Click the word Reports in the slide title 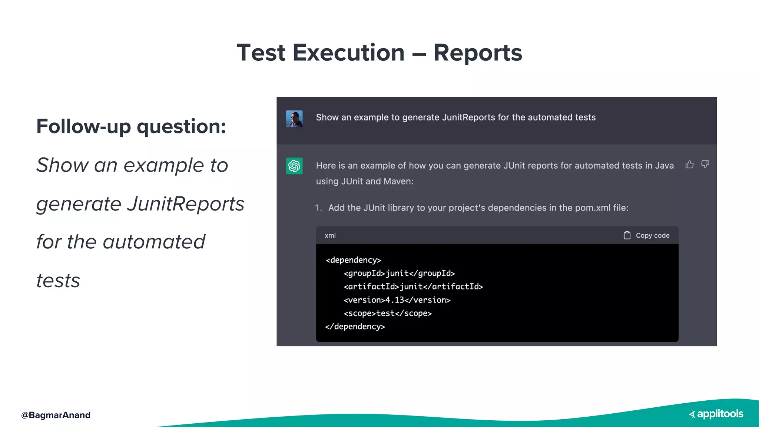(477, 53)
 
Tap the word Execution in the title (348, 53)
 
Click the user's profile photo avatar (294, 119)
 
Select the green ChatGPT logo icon (294, 166)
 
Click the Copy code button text (652, 235)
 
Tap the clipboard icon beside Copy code (627, 235)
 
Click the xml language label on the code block (330, 235)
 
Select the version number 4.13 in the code (395, 300)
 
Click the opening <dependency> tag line (353, 260)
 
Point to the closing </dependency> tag (355, 327)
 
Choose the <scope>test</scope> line (387, 313)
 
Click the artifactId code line (413, 287)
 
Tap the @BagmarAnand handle (56, 415)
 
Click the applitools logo (716, 414)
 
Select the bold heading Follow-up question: (131, 126)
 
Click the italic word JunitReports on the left (185, 204)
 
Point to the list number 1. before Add (318, 208)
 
